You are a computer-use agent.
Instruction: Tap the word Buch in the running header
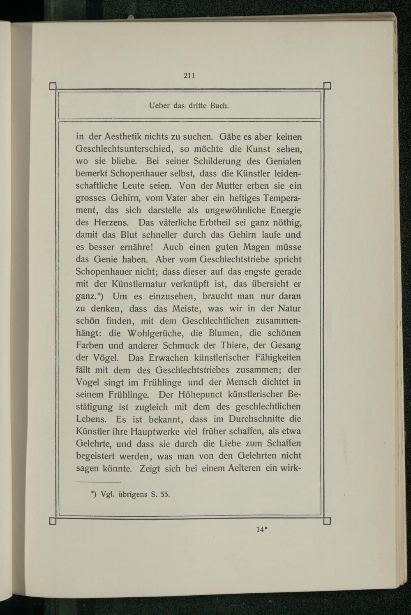pos(219,106)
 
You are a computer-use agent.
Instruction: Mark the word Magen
pos(256,247)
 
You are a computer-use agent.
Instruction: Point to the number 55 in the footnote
pos(164,494)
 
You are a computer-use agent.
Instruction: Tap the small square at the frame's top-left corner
pos(53,86)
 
